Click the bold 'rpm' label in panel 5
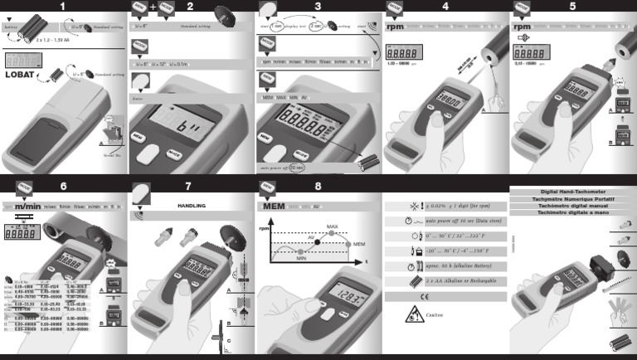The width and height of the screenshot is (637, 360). pos(523,26)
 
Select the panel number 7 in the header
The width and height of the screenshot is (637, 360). pos(189,185)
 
